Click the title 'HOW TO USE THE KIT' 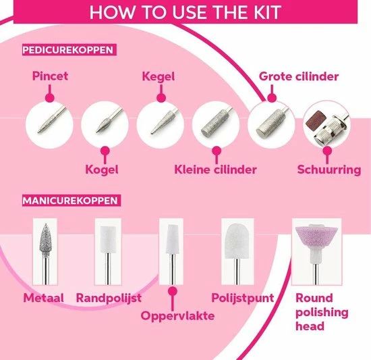185,12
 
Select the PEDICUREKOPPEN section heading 67,49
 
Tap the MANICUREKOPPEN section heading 71,201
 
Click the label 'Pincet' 50,76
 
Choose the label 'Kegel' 158,76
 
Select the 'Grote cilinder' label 299,76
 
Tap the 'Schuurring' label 329,169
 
